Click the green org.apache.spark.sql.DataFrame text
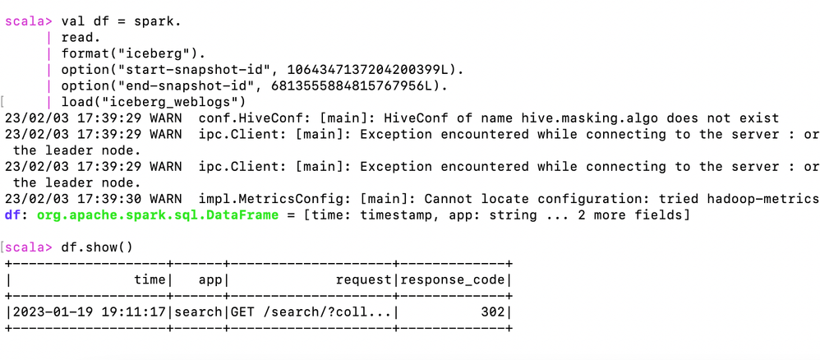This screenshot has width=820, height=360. (158, 215)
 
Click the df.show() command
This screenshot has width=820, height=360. (97, 247)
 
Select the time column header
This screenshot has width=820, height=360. (150, 280)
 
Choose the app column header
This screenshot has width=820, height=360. (210, 280)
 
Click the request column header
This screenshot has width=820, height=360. (363, 280)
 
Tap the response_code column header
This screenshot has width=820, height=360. (453, 280)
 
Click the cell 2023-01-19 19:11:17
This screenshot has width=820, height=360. (90, 312)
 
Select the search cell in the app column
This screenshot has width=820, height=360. (198, 312)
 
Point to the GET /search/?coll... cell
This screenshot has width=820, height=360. (311, 312)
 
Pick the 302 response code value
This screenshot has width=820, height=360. (493, 312)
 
